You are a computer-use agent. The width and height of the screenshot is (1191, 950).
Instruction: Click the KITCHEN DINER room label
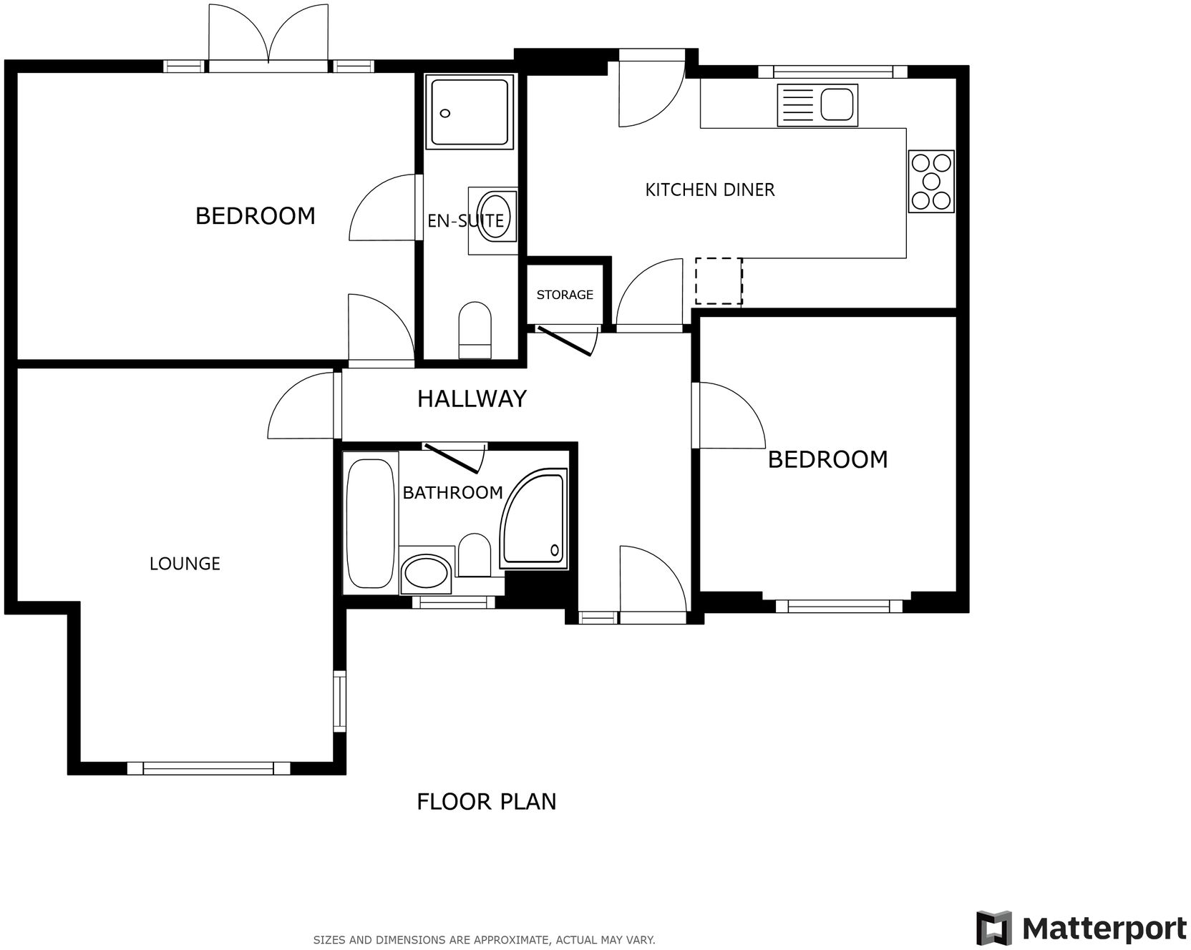(x=709, y=190)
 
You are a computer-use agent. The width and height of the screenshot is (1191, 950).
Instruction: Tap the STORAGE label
(x=565, y=295)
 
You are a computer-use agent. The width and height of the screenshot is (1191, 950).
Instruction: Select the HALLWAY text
(x=472, y=398)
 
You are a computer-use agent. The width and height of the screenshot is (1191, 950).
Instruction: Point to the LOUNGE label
(x=185, y=564)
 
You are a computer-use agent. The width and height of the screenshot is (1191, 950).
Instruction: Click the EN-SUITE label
(x=465, y=221)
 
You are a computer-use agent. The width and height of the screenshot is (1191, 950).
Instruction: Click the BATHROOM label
(x=452, y=492)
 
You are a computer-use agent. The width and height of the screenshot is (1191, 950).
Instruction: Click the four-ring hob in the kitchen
(x=931, y=181)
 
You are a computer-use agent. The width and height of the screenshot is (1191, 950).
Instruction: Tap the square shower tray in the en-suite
(x=470, y=112)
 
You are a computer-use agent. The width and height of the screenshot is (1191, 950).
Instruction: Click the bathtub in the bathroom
(x=370, y=522)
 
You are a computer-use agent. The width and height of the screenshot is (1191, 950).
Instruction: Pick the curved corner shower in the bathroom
(x=535, y=519)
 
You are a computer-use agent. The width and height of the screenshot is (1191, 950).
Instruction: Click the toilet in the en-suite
(x=475, y=329)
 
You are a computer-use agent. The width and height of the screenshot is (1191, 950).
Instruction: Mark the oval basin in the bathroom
(x=425, y=572)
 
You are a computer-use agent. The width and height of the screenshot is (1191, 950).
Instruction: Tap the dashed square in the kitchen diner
(x=719, y=281)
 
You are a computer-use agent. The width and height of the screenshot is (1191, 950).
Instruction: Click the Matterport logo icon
(x=994, y=928)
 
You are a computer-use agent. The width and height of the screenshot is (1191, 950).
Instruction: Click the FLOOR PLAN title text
(x=486, y=801)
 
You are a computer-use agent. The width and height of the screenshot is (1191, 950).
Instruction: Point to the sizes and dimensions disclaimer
(x=484, y=939)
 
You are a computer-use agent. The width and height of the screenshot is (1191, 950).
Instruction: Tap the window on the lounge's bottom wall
(x=208, y=768)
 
